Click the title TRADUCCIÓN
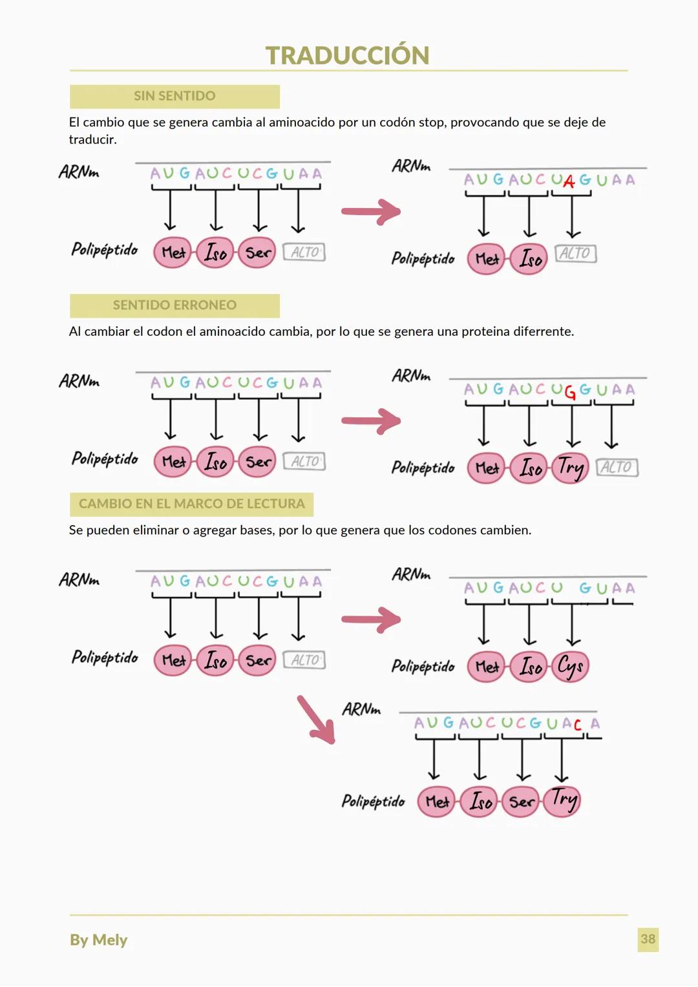coord(347,56)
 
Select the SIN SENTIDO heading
coord(174,96)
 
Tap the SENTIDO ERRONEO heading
coord(174,305)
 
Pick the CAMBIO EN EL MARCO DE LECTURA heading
coord(191,504)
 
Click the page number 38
coord(648,939)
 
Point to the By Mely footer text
coord(98,940)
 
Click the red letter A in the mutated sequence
coord(569,182)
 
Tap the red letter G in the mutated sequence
coord(570,392)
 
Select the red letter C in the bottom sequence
coord(578,725)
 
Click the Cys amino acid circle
coord(570,666)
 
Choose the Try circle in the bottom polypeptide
coord(562,801)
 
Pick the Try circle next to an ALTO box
coord(570,467)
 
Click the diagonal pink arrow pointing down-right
coord(315,719)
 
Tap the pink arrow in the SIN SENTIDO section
coord(371,211)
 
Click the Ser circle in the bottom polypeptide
coord(521,802)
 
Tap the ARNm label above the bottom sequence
coord(361,709)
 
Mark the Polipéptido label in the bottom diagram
coord(373,802)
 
